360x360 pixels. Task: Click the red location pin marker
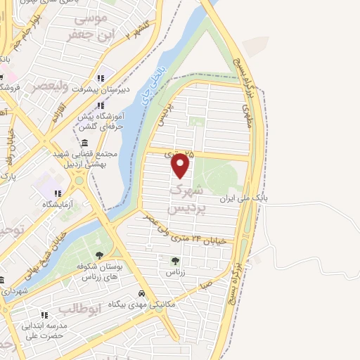181,165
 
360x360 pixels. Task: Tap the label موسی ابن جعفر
86,25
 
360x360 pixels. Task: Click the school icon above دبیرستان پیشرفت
100,77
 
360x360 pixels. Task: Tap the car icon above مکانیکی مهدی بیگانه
141,292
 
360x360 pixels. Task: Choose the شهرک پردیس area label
188,200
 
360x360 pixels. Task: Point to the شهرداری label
14,290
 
